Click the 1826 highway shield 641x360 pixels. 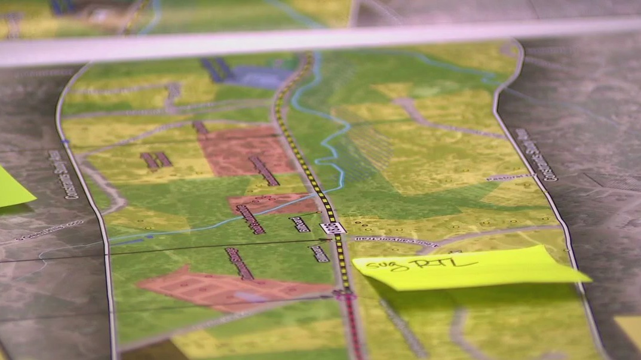(x=333, y=228)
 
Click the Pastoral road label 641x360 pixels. (x=507, y=177)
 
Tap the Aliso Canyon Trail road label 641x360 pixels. (x=394, y=241)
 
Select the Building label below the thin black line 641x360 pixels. (x=319, y=253)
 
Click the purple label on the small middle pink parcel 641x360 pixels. (x=250, y=219)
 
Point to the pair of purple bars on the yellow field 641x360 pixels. (x=156, y=160)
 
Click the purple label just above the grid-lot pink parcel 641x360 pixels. (x=240, y=263)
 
